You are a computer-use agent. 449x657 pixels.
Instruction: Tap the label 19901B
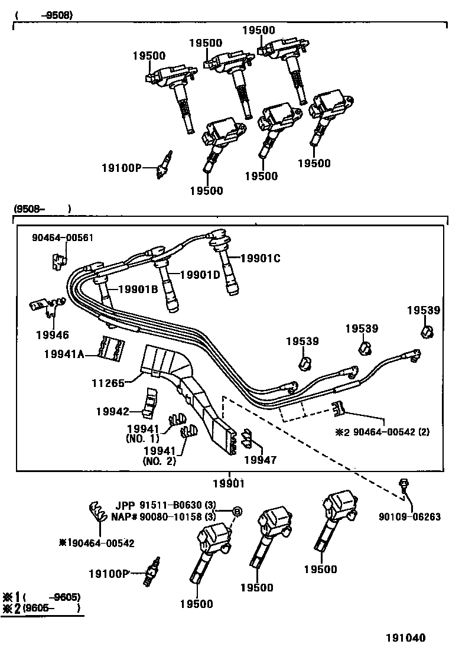tap(138, 289)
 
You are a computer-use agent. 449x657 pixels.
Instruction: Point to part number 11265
tap(109, 383)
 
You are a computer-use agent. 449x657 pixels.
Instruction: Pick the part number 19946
tap(51, 335)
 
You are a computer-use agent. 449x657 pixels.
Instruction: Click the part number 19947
tap(259, 459)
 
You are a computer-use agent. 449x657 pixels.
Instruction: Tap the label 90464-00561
tap(62, 238)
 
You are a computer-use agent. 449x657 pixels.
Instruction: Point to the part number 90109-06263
tap(409, 516)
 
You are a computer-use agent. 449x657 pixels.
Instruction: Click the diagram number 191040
tap(406, 638)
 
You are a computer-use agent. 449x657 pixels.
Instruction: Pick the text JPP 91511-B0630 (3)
tap(167, 506)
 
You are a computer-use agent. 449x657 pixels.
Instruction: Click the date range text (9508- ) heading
tap(41, 209)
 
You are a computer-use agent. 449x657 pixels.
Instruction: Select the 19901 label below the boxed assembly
tap(228, 483)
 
